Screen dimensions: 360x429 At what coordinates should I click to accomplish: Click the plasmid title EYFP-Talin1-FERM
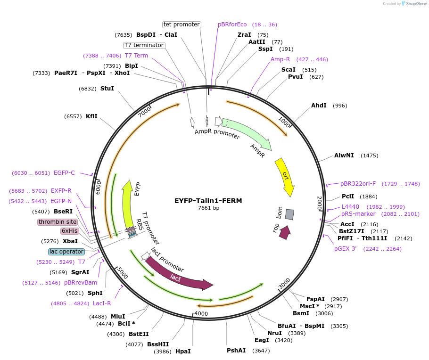click(x=208, y=201)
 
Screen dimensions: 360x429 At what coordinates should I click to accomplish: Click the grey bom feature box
click(x=289, y=214)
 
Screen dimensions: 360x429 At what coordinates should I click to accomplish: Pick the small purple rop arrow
click(x=284, y=232)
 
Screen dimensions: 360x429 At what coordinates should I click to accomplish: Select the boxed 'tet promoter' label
click(x=181, y=25)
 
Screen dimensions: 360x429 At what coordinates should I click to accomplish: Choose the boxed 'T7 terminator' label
click(x=144, y=45)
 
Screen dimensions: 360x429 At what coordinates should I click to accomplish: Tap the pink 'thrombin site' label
click(x=58, y=222)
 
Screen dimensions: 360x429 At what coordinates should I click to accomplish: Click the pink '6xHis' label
click(x=69, y=231)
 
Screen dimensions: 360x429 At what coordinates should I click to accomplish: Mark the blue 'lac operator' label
click(x=66, y=252)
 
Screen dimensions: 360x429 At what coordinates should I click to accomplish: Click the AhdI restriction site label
click(x=319, y=106)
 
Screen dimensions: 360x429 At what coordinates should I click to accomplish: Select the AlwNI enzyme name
click(x=344, y=155)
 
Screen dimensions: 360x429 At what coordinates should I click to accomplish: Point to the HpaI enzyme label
click(x=183, y=351)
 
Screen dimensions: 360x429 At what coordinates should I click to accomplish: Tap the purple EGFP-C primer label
click(x=64, y=173)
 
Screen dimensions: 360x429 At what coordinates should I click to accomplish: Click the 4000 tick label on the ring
click(x=201, y=313)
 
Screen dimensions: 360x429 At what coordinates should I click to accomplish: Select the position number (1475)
click(x=369, y=155)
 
